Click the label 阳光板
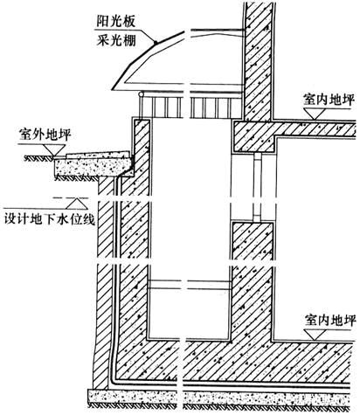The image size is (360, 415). click(116, 22)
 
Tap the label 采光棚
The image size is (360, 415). click(116, 40)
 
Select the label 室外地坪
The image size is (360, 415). click(45, 135)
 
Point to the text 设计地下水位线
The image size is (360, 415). click(50, 219)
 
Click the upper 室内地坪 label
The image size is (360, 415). click(329, 100)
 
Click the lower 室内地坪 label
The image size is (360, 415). click(330, 321)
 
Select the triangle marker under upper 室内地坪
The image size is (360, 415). click(315, 114)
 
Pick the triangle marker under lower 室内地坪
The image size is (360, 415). click(315, 335)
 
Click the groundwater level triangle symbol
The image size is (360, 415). click(77, 204)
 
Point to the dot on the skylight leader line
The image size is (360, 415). click(156, 43)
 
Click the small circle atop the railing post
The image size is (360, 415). click(141, 94)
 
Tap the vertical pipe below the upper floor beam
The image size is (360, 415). click(257, 187)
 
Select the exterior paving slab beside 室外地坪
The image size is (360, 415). click(99, 154)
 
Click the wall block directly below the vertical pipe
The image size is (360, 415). click(253, 241)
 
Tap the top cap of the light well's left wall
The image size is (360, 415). click(142, 120)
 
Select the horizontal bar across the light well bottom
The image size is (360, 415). click(190, 285)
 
